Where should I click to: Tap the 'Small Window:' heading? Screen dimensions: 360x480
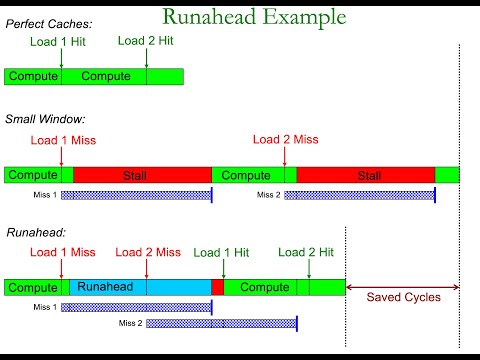coord(44,119)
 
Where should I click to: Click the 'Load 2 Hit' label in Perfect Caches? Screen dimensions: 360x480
coord(147,41)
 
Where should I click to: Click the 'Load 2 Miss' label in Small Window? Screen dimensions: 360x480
coord(285,140)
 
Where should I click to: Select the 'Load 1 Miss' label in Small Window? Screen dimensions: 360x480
coord(63,140)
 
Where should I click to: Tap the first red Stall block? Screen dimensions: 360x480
coord(142,175)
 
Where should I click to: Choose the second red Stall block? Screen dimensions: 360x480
coord(365,175)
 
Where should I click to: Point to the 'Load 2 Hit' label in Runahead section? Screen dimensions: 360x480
coord(308,253)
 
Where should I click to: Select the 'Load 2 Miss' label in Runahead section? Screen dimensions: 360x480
coord(148,253)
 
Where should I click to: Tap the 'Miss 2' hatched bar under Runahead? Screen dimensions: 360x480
coord(221,323)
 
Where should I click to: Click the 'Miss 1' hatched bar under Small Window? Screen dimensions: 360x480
coord(136,194)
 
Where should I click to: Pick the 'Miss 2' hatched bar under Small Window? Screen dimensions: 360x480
coord(359,194)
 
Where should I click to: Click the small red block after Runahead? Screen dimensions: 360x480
coord(217,287)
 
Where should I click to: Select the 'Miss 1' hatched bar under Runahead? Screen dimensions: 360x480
coord(136,307)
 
